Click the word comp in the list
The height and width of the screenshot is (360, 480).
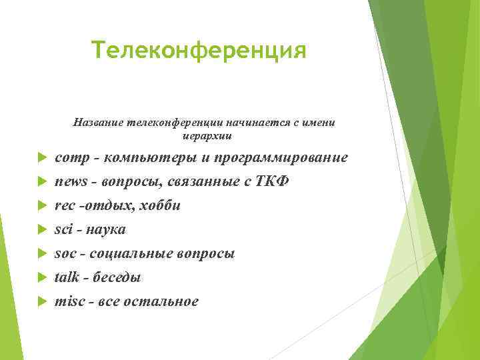click(69, 159)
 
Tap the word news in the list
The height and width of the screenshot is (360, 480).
click(69, 181)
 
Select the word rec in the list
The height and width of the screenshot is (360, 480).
click(64, 205)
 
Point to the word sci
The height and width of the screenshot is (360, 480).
click(63, 229)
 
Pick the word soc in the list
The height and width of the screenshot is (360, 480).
click(65, 253)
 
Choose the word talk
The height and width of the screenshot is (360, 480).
click(67, 277)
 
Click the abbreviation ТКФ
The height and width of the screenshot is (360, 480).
click(273, 181)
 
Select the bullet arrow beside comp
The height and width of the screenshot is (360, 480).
click(41, 159)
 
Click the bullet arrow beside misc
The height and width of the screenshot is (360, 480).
click(41, 301)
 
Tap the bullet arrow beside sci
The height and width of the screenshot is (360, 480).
click(41, 229)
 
